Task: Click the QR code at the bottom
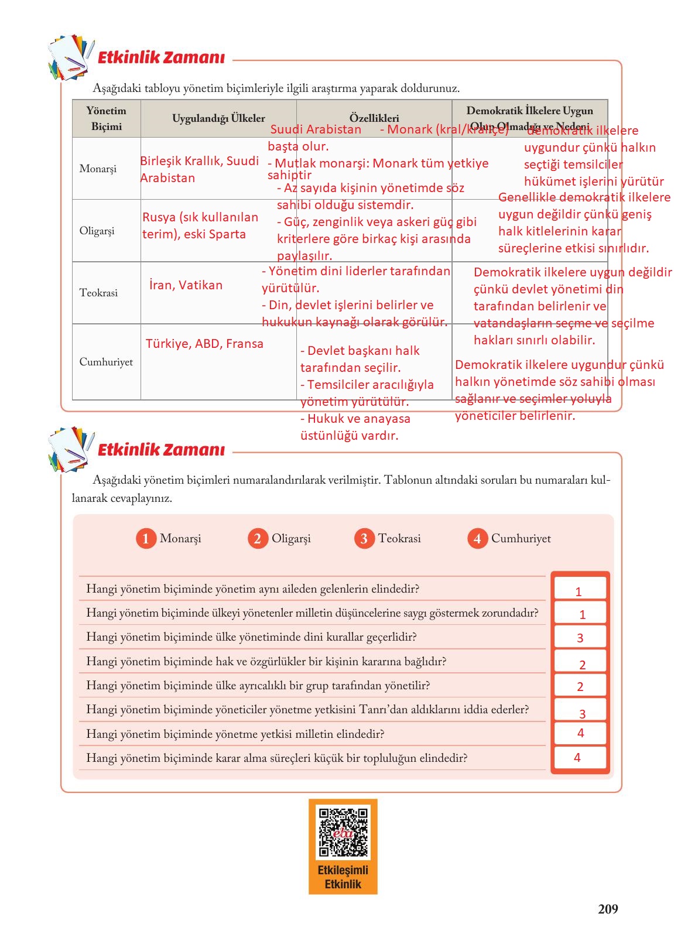(x=343, y=832)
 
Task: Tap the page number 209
(x=608, y=909)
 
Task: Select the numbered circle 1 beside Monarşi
(x=146, y=539)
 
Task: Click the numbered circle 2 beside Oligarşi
(x=257, y=539)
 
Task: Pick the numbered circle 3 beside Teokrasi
(x=364, y=539)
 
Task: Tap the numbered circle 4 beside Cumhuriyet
(x=477, y=539)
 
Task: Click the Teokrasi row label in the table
(x=98, y=293)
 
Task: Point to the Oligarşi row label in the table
(x=97, y=231)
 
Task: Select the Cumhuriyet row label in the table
(x=106, y=362)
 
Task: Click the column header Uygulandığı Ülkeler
(x=218, y=118)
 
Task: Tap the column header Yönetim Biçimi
(x=106, y=118)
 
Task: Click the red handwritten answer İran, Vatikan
(x=186, y=285)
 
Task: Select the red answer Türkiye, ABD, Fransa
(x=204, y=344)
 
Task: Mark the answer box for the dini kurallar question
(x=580, y=638)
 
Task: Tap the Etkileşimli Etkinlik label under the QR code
(x=343, y=877)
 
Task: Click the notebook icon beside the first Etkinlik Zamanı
(x=70, y=57)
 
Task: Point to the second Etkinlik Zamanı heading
(x=161, y=450)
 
